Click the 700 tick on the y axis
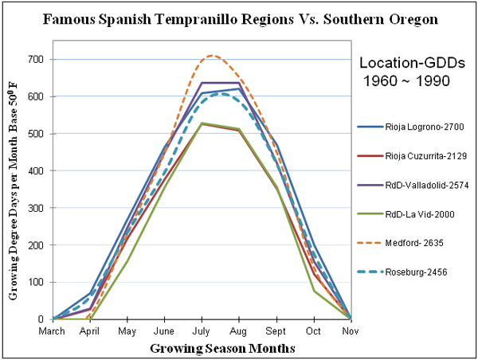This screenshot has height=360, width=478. [x=36, y=59]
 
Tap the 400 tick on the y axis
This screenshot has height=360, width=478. [x=36, y=170]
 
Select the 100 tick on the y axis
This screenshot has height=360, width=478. [x=36, y=282]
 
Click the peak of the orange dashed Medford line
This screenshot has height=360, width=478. [x=211, y=56]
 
